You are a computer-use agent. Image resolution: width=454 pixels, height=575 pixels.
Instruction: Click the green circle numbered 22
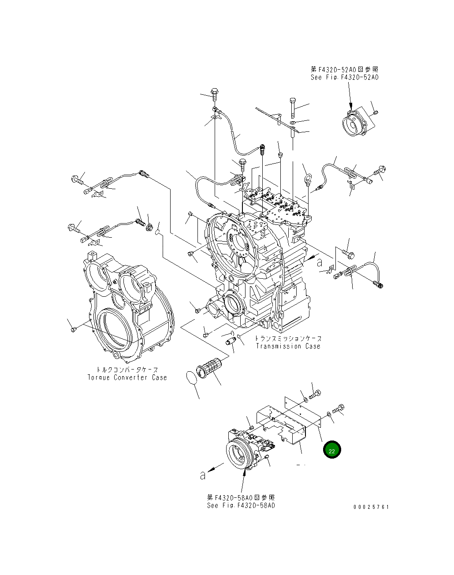332,450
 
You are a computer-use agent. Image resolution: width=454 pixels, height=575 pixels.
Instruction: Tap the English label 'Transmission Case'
288,347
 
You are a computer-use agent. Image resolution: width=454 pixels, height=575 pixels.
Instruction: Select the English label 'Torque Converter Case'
127,377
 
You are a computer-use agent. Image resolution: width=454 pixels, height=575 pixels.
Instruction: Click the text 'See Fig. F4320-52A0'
344,78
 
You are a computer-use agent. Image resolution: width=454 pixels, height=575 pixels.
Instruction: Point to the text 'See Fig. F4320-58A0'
241,505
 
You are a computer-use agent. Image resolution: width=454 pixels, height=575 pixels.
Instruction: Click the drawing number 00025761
371,507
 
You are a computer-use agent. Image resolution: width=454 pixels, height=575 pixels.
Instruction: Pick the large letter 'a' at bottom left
202,475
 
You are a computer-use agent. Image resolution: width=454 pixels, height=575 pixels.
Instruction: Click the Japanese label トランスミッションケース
288,339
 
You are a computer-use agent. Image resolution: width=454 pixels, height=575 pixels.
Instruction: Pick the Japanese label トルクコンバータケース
127,370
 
